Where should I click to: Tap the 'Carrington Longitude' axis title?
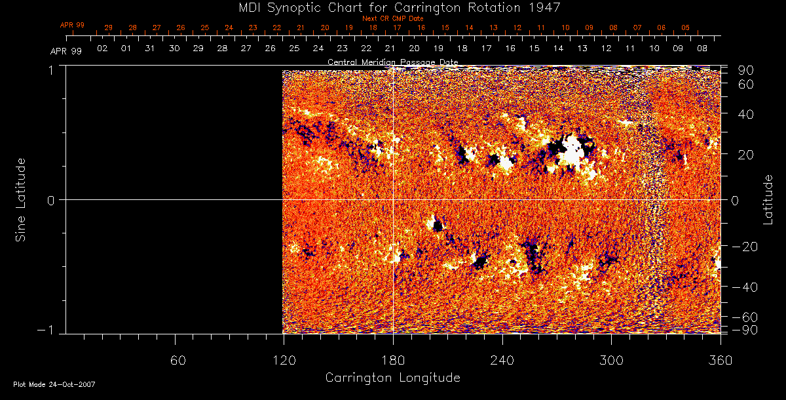[392, 378]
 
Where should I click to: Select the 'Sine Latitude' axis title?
[21, 199]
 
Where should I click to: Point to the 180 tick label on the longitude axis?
[393, 360]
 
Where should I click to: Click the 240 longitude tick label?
[502, 360]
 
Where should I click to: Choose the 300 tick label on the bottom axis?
[611, 360]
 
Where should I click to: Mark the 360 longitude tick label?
[720, 360]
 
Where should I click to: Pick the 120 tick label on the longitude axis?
[284, 360]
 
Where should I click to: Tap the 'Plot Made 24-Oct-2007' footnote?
[54, 384]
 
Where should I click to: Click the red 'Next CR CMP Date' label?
[393, 18]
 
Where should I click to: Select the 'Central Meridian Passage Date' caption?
[392, 62]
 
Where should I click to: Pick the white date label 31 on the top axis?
[150, 49]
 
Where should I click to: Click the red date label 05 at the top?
[685, 28]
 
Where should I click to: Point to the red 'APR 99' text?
[72, 25]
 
